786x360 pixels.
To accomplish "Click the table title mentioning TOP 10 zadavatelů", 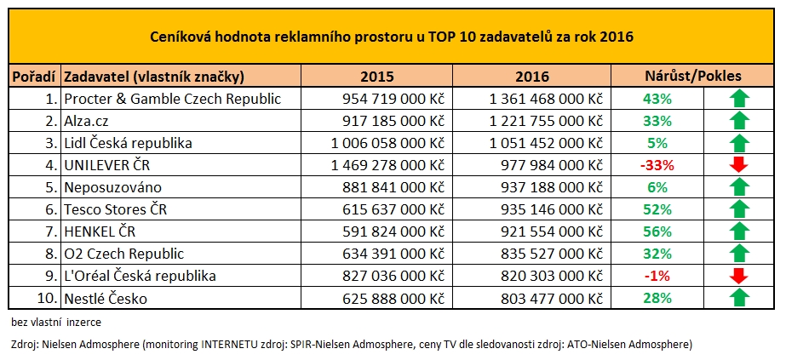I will click(x=391, y=37).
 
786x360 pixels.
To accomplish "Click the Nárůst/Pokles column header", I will click(x=694, y=77).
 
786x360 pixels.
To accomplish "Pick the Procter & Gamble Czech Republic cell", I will click(x=173, y=99).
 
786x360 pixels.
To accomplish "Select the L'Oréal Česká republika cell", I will click(x=140, y=276).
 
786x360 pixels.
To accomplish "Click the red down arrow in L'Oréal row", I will click(x=738, y=276).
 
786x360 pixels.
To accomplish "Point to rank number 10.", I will click(x=49, y=298).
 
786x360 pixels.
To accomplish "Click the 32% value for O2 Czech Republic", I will click(x=657, y=254).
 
